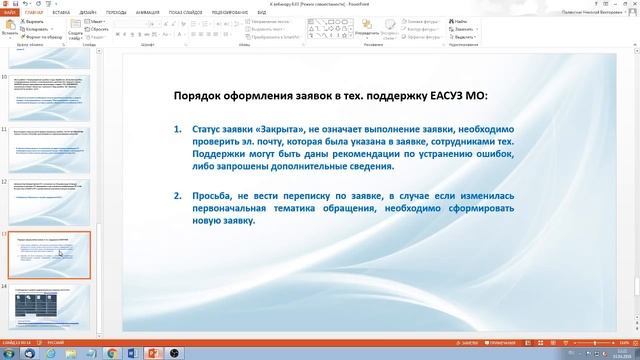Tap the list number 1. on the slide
(x=178, y=130)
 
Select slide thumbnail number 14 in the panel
(x=49, y=305)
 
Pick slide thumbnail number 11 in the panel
(x=49, y=152)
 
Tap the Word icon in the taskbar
(x=111, y=353)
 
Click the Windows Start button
(x=8, y=353)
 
